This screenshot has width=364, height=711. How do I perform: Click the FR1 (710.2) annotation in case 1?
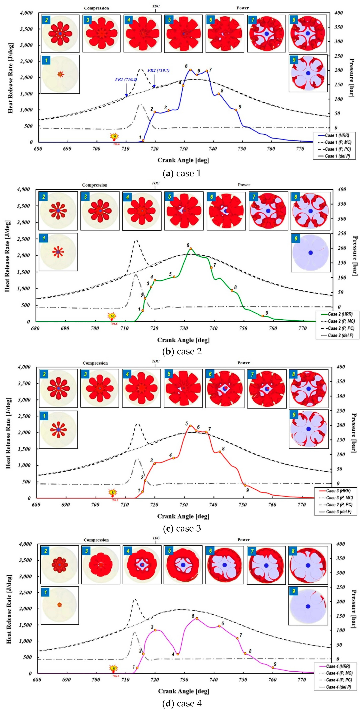point(126,79)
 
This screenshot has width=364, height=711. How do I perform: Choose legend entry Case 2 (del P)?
point(340,335)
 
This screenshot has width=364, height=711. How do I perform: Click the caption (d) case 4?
point(182,703)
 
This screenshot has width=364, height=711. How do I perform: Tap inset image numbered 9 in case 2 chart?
point(310,253)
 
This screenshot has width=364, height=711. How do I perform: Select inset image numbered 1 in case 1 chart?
point(60,74)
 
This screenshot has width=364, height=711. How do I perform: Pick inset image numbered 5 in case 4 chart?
point(183,565)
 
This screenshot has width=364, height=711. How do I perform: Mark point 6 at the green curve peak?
point(191,249)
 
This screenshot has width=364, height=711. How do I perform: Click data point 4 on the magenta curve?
point(178,654)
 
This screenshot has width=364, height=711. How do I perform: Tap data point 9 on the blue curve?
point(236,110)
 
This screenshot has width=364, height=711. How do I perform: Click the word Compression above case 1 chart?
point(96,8)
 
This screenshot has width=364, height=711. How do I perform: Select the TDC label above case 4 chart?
point(156,538)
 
